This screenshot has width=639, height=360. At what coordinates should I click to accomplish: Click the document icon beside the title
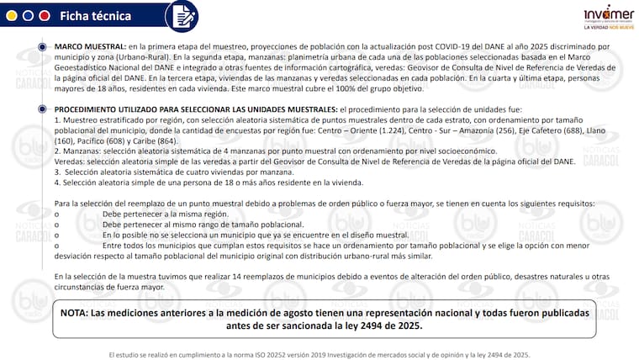click(x=180, y=16)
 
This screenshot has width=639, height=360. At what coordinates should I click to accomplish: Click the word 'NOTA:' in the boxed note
click(x=81, y=313)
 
